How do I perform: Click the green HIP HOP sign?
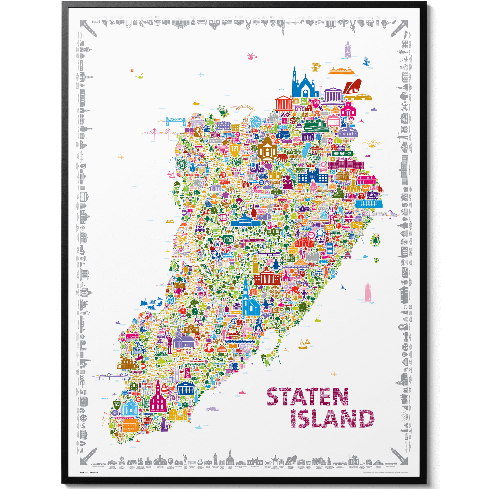click(342, 154)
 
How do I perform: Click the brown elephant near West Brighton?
click(282, 157)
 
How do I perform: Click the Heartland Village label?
click(228, 239)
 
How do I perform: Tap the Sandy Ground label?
click(161, 354)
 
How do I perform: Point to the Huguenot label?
click(197, 361)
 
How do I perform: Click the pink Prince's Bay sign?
click(188, 374)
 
